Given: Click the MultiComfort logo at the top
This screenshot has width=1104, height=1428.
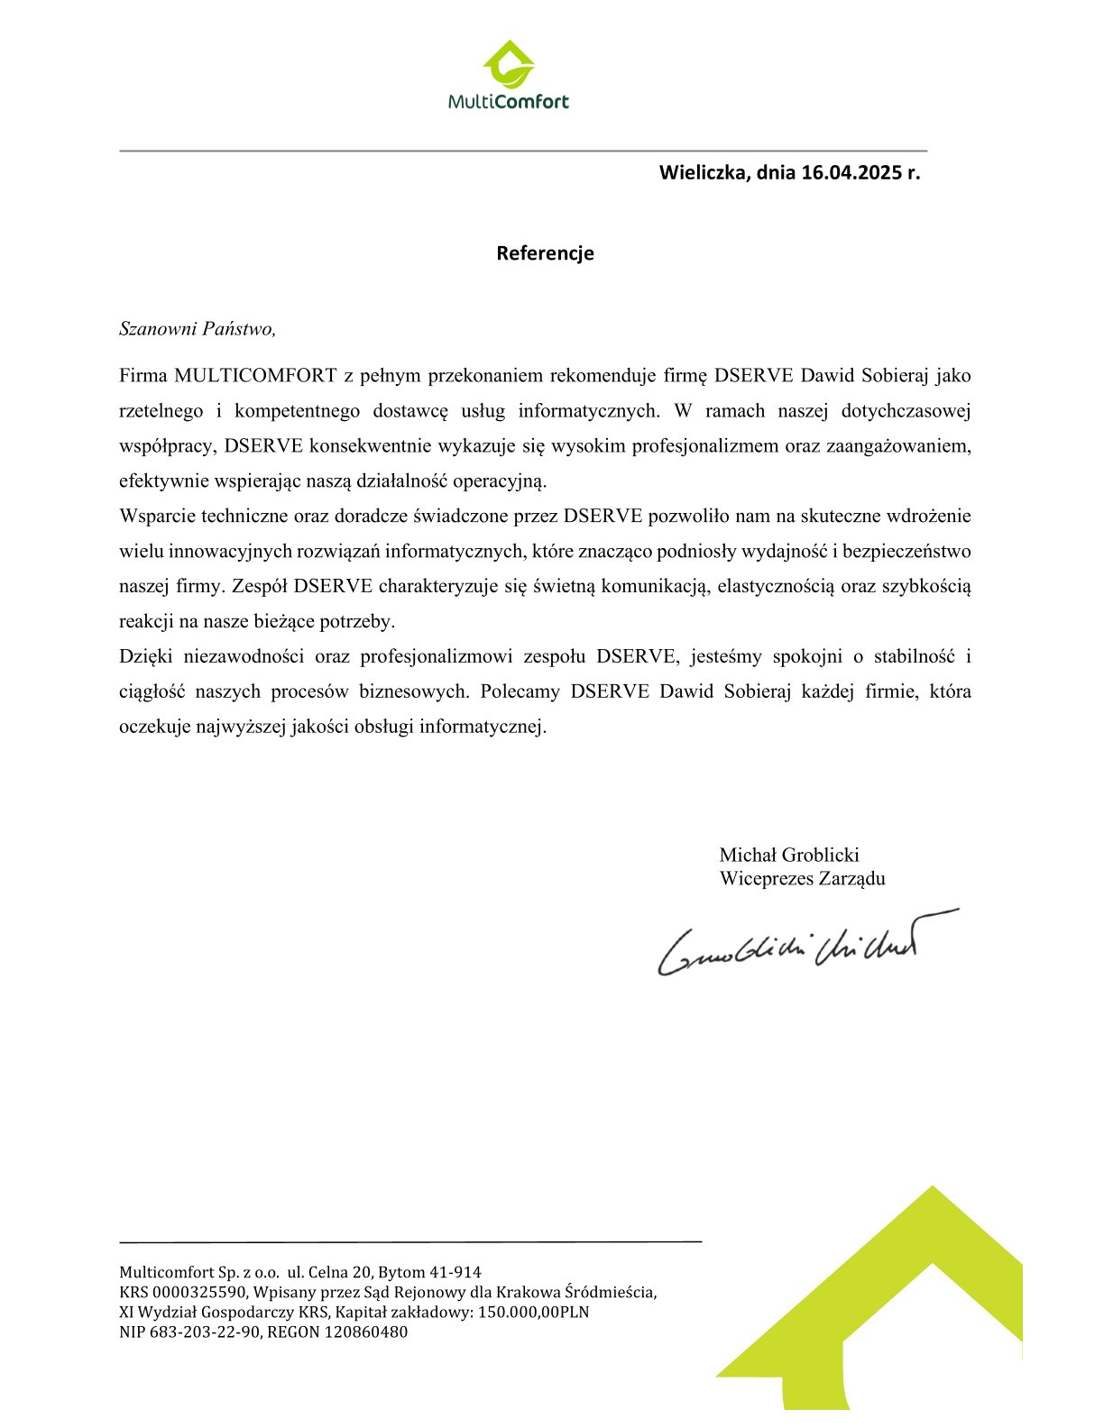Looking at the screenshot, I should point(509,77).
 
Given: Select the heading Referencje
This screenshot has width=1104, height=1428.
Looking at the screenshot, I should point(545,253).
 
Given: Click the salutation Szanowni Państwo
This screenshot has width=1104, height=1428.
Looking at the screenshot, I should point(197,328).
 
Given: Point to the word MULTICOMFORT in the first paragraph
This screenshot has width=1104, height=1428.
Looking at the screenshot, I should point(255,375).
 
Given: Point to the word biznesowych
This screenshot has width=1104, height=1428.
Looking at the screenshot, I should point(414,692).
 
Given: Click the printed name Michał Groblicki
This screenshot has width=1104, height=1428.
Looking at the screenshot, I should point(789,855).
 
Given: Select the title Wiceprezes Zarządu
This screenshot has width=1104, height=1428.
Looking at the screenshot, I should point(802,879).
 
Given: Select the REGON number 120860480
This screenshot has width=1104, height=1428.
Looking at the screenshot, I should point(365,1332).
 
